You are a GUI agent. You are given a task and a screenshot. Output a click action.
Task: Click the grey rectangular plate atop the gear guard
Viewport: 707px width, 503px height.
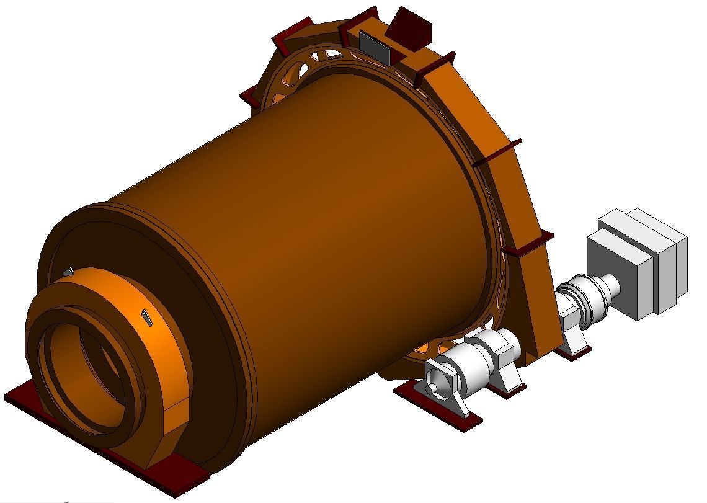(x=375, y=47)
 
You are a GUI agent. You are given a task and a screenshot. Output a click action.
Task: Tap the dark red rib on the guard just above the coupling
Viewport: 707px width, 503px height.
(x=527, y=245)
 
